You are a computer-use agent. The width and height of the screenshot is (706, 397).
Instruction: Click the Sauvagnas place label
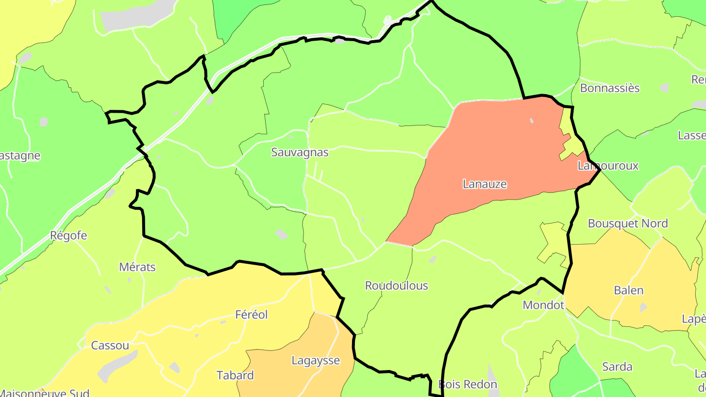click(300, 152)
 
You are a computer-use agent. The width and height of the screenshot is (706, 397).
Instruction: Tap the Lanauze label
click(484, 184)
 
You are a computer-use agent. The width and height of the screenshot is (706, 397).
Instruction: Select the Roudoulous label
click(396, 286)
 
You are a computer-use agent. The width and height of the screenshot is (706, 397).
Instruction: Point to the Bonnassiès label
click(609, 88)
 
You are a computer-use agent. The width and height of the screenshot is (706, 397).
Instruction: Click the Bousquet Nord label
click(628, 223)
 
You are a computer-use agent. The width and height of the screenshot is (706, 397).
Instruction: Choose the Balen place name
click(629, 290)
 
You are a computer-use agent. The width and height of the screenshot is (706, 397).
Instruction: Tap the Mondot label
click(543, 305)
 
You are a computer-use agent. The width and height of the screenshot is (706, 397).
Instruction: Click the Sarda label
click(617, 367)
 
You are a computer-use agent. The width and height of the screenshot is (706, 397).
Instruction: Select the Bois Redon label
click(467, 384)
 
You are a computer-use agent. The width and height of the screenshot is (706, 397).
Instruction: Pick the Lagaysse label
click(315, 361)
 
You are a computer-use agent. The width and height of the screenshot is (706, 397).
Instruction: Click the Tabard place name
click(235, 375)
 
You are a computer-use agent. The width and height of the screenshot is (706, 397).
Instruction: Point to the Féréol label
click(252, 314)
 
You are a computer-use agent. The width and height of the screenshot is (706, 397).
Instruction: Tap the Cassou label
click(110, 346)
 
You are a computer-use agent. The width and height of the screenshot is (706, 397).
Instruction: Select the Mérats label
click(137, 267)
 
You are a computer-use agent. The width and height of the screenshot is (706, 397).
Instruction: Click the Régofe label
click(69, 235)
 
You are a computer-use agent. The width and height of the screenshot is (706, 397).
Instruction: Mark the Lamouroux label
click(608, 166)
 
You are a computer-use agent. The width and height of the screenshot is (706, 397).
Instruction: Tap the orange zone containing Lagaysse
click(294, 377)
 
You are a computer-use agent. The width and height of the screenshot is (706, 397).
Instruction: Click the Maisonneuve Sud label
click(47, 393)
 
